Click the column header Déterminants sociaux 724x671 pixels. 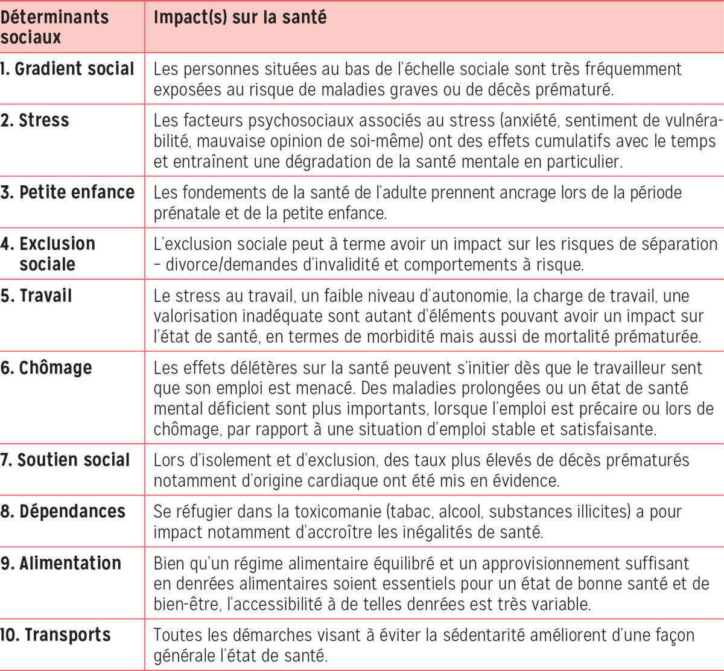click(54, 27)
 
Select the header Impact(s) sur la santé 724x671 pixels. click(240, 17)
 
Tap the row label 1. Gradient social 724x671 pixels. click(67, 69)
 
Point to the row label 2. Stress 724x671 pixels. click(35, 120)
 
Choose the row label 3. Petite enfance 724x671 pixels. click(68, 192)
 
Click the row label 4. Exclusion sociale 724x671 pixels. click(48, 253)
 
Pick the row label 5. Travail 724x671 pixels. click(36, 296)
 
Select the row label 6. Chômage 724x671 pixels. click(46, 367)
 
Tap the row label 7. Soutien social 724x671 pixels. click(65, 460)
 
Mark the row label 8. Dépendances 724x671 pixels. click(63, 511)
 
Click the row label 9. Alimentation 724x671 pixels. click(61, 563)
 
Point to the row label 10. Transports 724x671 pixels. click(56, 635)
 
